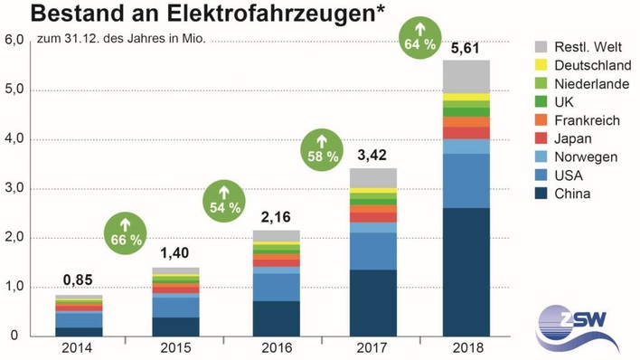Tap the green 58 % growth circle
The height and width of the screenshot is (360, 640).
323,148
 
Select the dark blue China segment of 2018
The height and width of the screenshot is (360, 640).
466,271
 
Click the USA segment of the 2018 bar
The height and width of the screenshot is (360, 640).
466,180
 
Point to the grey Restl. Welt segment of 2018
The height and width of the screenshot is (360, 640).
466,76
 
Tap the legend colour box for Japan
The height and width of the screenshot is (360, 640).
541,138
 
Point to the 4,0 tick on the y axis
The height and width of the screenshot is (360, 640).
15,139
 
